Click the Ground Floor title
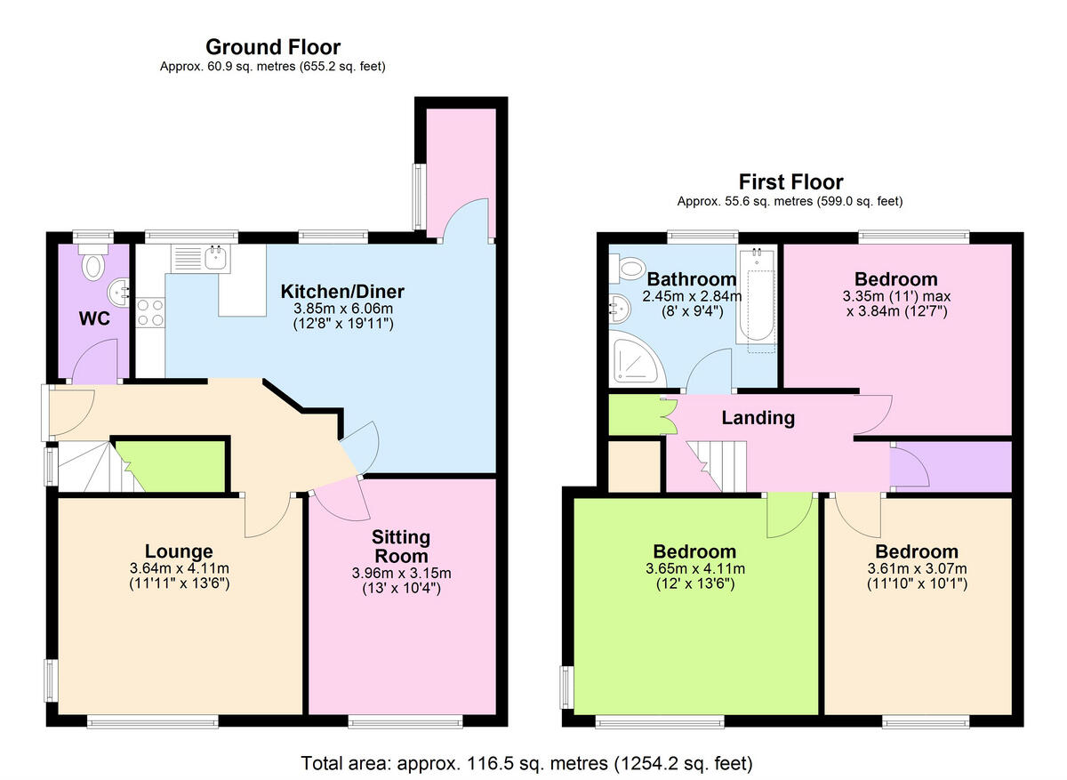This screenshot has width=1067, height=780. (273, 47)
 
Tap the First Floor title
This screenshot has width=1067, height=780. (790, 182)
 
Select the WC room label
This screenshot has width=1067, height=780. (95, 318)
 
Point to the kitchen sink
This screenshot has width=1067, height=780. (215, 259)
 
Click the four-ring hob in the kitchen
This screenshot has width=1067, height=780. (149, 312)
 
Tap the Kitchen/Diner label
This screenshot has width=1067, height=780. (342, 292)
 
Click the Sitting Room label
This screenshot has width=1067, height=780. (401, 546)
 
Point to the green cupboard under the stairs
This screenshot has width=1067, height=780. (171, 464)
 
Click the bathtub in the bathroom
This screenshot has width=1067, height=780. (758, 302)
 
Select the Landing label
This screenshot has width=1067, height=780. (758, 417)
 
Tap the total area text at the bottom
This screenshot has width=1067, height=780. (526, 763)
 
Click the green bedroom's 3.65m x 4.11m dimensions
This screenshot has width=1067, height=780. (694, 568)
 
